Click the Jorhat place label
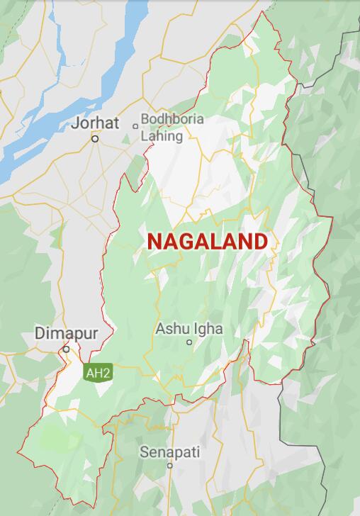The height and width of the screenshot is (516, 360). [x=96, y=123]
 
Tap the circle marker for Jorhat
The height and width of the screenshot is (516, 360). [x=94, y=139]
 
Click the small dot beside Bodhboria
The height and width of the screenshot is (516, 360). [x=135, y=126]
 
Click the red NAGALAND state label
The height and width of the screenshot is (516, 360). [x=208, y=241]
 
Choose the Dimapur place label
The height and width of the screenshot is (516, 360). [x=66, y=332]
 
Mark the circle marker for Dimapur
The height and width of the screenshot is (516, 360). [x=66, y=349]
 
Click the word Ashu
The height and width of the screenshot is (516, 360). [x=171, y=329]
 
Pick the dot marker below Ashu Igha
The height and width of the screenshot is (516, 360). [x=189, y=342]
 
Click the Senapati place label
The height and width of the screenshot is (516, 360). [x=169, y=451]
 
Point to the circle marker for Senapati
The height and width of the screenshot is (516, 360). [x=170, y=466]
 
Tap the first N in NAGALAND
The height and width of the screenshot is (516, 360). [x=155, y=241]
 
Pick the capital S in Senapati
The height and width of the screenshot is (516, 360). [x=144, y=451]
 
